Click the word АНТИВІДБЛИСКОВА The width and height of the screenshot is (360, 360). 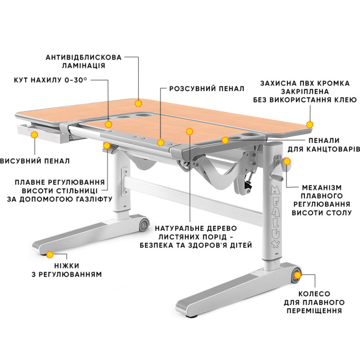pos(83,57)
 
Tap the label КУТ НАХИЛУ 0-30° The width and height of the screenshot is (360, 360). pos(50,80)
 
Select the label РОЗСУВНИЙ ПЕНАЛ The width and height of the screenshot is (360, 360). pos(207,88)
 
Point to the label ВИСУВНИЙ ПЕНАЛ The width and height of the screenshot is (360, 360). pos(34,161)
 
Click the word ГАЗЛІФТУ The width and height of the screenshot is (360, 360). pos(93,199)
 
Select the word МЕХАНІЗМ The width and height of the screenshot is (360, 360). pos(322,188)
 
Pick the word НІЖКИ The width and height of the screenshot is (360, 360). pos(67,266)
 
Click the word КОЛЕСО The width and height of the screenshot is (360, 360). pos(314,294)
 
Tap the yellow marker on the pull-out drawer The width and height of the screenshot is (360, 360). pos(34,135)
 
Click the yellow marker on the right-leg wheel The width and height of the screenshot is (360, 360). pos(298,275)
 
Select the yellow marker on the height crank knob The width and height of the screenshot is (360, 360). pos(287,161)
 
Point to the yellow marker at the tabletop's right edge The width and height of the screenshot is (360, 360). pos(310,124)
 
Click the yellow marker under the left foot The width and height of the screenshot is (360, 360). pos(49,255)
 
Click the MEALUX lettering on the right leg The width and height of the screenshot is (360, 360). pos(275,217)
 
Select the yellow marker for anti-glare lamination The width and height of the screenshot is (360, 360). pos(138,103)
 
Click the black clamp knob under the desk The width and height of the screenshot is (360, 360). pos(247,184)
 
